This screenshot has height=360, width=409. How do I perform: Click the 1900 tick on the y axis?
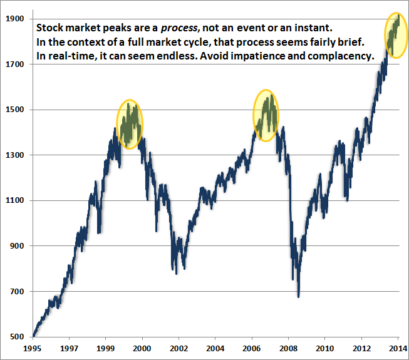[16, 19]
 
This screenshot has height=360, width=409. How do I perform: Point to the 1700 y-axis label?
[16, 64]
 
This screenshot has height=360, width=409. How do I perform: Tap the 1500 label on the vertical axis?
[16, 110]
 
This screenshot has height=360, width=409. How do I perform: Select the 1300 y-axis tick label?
[16, 155]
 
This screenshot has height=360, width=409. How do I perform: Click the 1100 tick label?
[16, 200]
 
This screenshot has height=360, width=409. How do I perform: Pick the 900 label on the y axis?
[18, 246]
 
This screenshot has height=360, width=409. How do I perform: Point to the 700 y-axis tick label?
[18, 291]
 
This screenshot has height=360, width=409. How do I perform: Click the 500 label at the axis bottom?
[18, 337]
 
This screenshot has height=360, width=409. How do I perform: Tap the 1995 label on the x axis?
[33, 347]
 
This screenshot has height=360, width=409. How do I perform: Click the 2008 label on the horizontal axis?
[288, 347]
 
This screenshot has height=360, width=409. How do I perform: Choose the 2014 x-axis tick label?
[397, 347]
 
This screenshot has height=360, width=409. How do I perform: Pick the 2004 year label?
[215, 347]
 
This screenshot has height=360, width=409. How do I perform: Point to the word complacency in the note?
[342, 56]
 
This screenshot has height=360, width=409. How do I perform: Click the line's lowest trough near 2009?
[299, 296]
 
